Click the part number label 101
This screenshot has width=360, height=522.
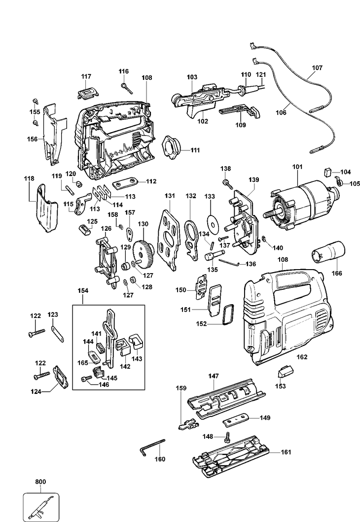297,167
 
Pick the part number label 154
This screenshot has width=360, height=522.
83,290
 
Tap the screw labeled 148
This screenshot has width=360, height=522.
228,437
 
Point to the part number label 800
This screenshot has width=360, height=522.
40,482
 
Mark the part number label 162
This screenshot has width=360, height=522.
302,357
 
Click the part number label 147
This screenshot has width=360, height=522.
214,376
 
